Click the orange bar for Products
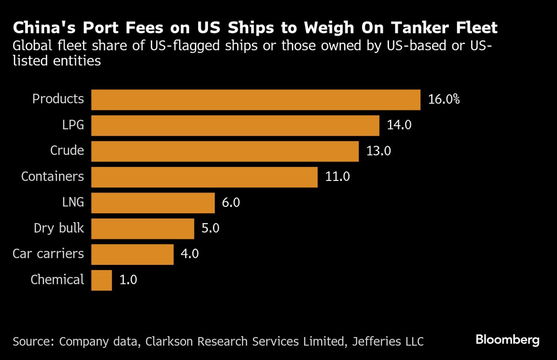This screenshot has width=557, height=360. pyautogui.click(x=256, y=100)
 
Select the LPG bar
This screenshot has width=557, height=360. pyautogui.click(x=235, y=125)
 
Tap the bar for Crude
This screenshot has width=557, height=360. pyautogui.click(x=225, y=151)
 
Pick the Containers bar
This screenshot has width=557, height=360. pyautogui.click(x=204, y=177)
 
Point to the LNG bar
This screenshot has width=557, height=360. pyautogui.click(x=153, y=203)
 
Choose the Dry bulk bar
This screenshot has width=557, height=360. pyautogui.click(x=142, y=228)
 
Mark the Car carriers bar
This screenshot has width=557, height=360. pyautogui.click(x=132, y=254)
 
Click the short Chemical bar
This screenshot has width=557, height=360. pyautogui.click(x=102, y=280)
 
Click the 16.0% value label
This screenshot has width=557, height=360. pyautogui.click(x=444, y=100)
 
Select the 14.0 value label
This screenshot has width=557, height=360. pyautogui.click(x=399, y=125)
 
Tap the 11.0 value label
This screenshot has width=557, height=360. pyautogui.click(x=337, y=177)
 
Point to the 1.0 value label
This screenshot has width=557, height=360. pyautogui.click(x=129, y=280)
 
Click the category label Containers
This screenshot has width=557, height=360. pyautogui.click(x=52, y=177)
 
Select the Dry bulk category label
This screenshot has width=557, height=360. pyautogui.click(x=59, y=228)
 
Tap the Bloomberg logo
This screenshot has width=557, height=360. pyautogui.click(x=507, y=340)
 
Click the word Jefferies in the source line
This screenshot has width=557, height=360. pyautogui.click(x=373, y=342)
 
